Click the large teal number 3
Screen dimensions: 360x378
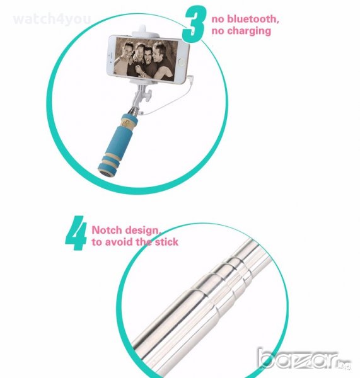(194, 24)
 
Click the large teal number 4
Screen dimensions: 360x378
(76, 233)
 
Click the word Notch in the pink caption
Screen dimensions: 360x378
(107, 230)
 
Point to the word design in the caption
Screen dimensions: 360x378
(143, 231)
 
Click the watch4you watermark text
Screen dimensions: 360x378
(52, 19)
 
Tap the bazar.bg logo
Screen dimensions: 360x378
(304, 358)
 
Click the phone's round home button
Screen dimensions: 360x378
(182, 62)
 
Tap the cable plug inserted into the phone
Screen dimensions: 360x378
(190, 78)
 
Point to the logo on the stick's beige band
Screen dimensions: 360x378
(125, 123)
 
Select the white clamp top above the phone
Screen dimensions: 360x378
(145, 31)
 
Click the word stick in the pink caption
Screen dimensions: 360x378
(166, 242)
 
